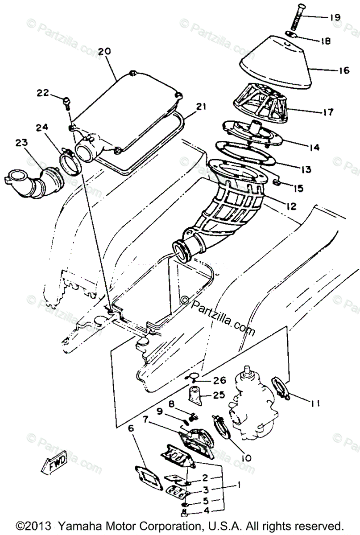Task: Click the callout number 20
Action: (104, 52)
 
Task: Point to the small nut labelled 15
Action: (277, 182)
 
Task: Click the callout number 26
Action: (220, 381)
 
